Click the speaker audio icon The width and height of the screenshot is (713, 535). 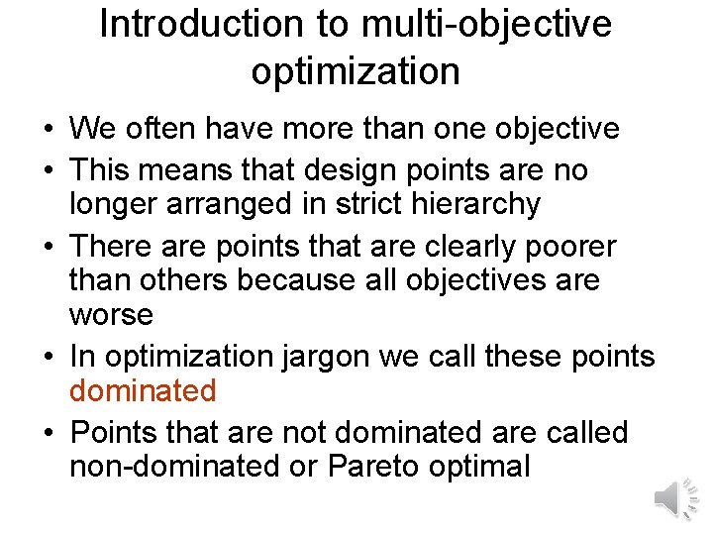click(x=676, y=497)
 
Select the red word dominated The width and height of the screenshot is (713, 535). click(x=143, y=390)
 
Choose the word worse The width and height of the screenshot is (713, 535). click(x=111, y=316)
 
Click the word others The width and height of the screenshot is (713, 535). click(x=189, y=280)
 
